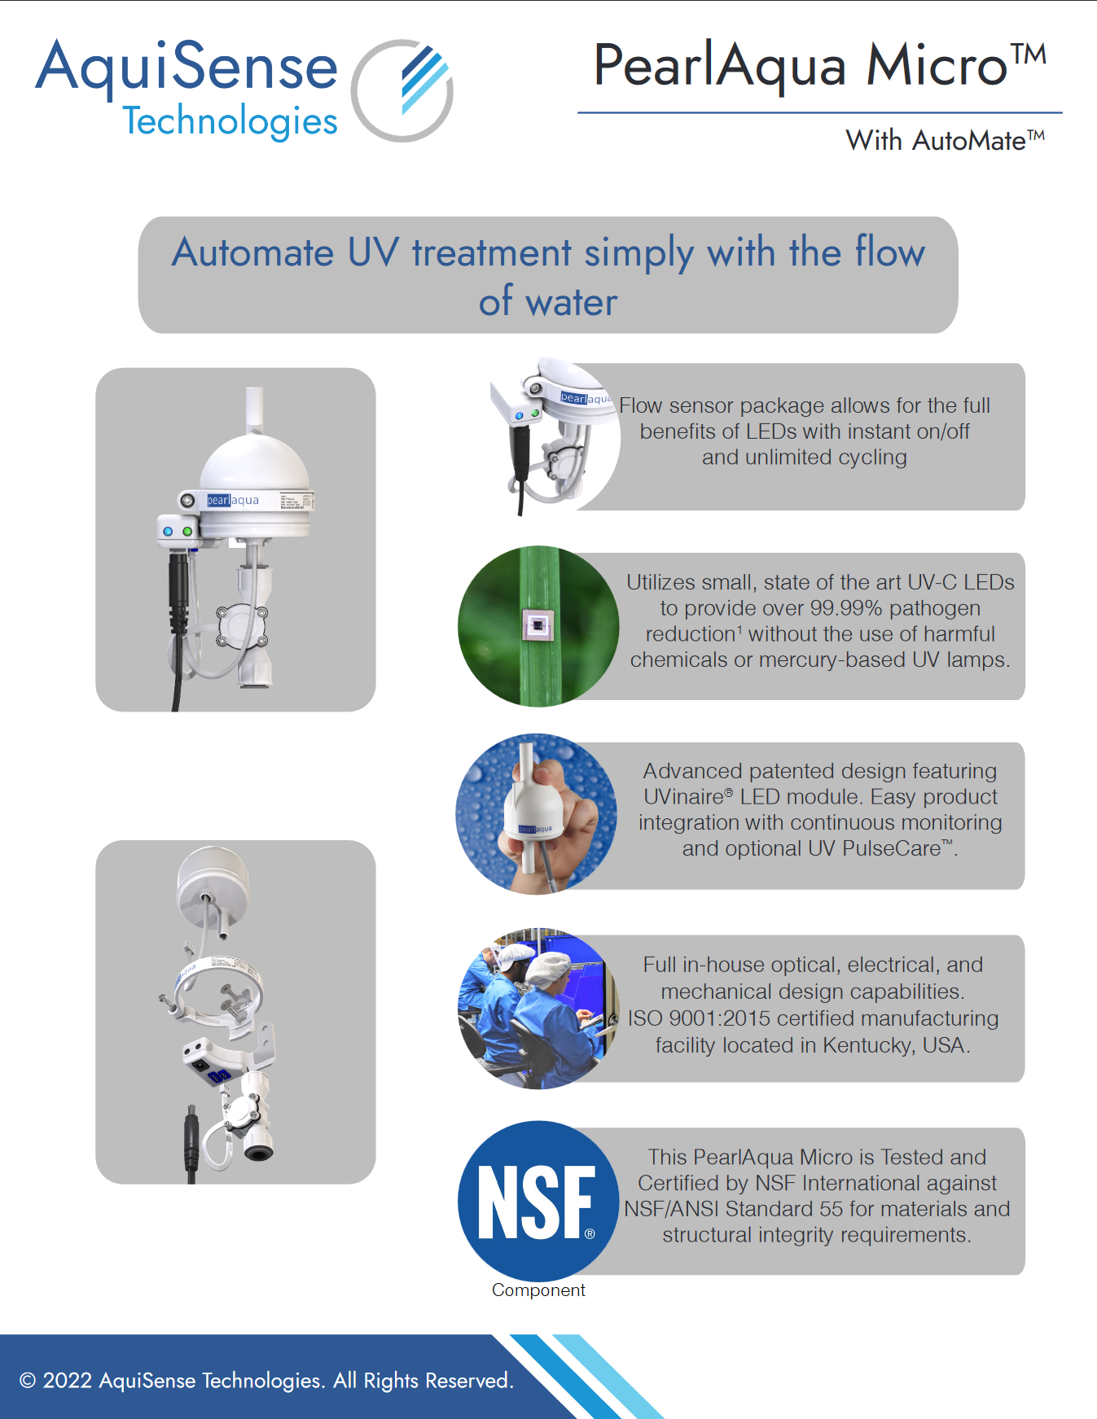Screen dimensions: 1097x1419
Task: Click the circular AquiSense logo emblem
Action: pyautogui.click(x=402, y=90)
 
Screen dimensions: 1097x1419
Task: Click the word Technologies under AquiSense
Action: pyautogui.click(x=230, y=122)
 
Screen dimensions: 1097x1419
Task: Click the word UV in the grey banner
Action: pyautogui.click(x=373, y=252)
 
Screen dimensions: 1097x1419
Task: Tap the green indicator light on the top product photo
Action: pyautogui.click(x=187, y=531)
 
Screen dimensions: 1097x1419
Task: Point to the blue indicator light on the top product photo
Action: pyautogui.click(x=168, y=531)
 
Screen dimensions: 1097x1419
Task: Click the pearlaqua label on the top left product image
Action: pyautogui.click(x=233, y=500)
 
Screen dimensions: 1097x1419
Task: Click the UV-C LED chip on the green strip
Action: pyautogui.click(x=538, y=625)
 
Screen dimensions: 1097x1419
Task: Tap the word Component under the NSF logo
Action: pyautogui.click(x=538, y=1290)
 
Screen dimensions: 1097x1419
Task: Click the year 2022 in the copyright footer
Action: pyautogui.click(x=67, y=1381)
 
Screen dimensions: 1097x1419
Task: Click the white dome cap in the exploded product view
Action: pyautogui.click(x=213, y=886)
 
